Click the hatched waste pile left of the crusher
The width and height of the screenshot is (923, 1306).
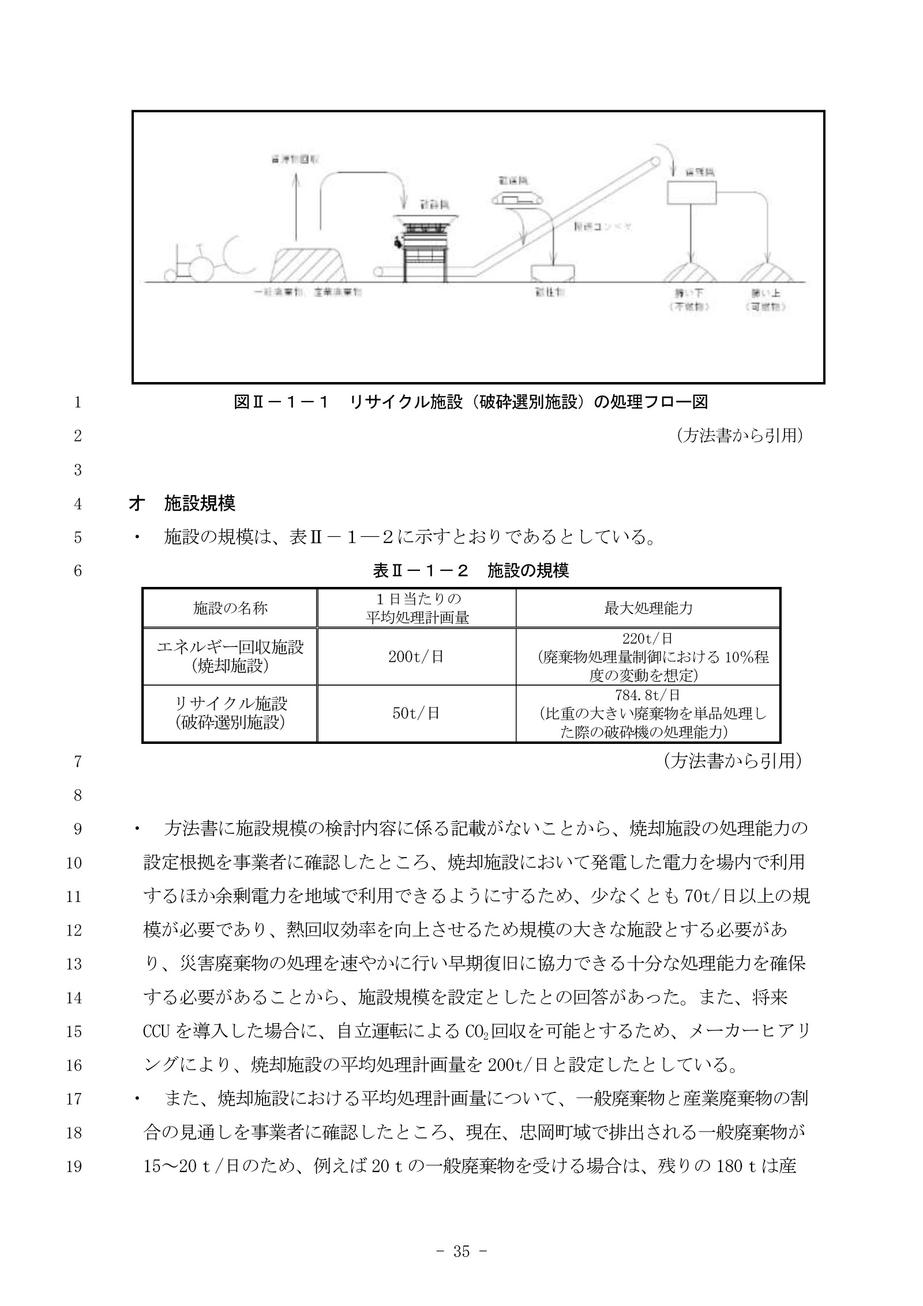coord(309,265)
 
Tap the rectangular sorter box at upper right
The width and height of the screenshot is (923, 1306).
coord(691,193)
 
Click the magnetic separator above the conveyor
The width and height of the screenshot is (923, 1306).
coord(517,199)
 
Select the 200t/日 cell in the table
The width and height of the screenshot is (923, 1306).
coord(415,657)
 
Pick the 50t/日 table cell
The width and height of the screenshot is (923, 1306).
coord(415,713)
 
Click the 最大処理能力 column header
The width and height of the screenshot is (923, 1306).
coord(648,608)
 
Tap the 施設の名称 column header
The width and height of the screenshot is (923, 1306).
coord(230,608)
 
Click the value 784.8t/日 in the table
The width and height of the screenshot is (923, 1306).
coord(648,695)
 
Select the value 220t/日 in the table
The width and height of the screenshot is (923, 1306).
coord(648,638)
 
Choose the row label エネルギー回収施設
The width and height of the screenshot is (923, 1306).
coord(230,648)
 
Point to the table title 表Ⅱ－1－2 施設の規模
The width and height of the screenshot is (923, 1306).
coord(470,571)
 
